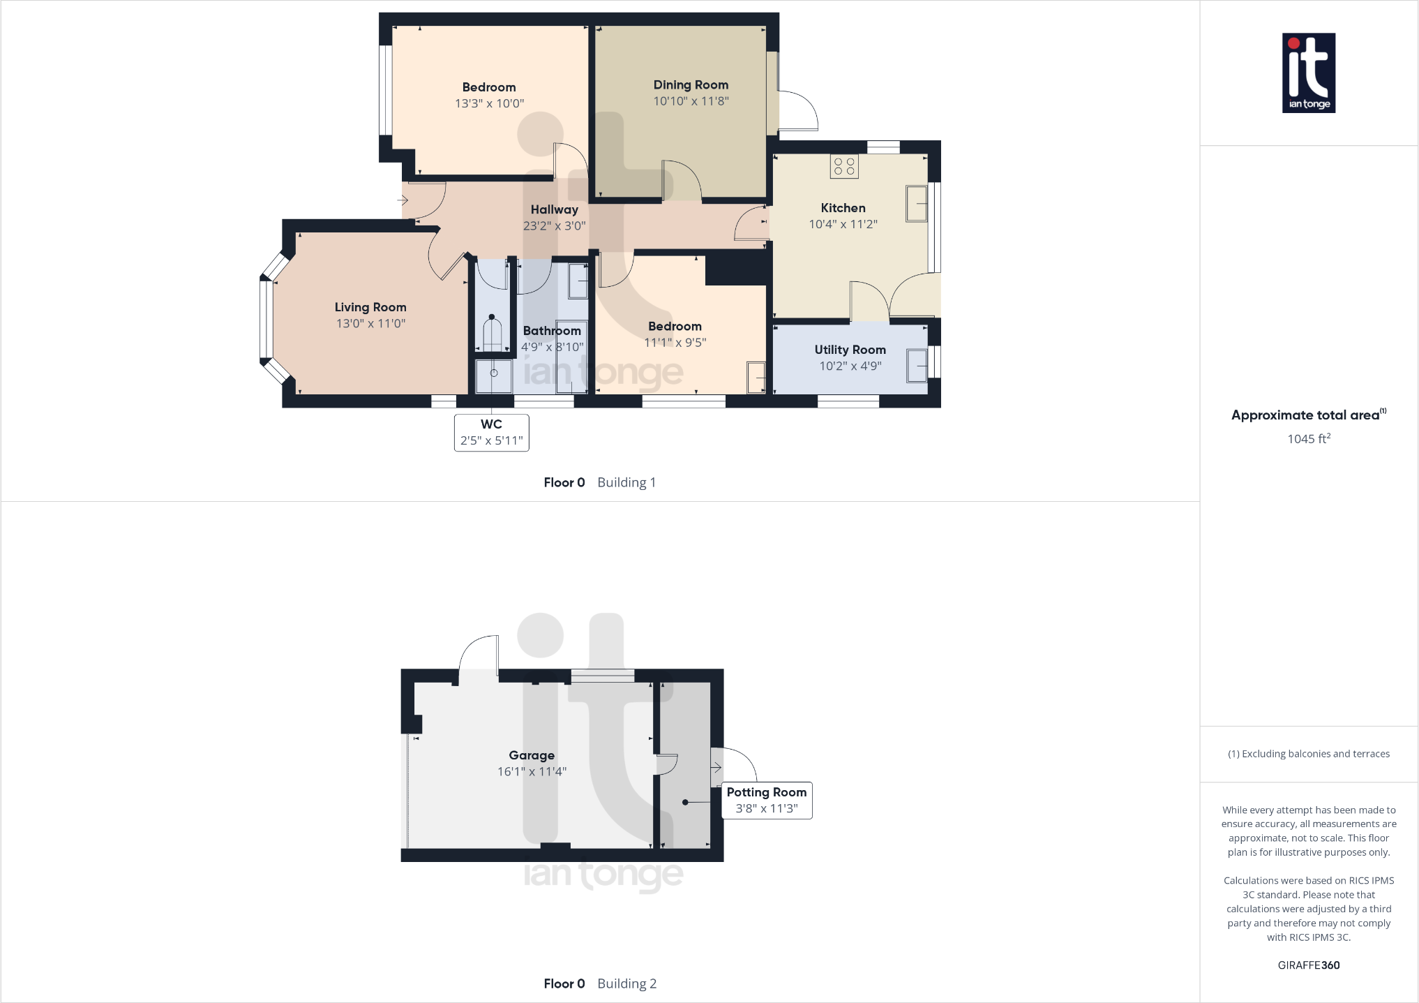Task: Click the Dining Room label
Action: (691, 85)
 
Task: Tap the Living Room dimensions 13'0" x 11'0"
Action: (370, 323)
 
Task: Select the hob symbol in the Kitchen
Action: (844, 166)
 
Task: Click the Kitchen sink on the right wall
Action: (916, 203)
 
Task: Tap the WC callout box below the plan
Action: (491, 433)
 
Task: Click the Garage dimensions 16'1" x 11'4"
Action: (532, 771)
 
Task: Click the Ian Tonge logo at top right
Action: (1308, 73)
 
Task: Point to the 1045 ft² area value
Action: (1308, 438)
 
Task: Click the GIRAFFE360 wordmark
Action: (1308, 965)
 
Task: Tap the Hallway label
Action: (554, 209)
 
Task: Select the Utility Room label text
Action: (850, 350)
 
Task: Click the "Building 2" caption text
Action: (626, 983)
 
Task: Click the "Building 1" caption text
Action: (626, 482)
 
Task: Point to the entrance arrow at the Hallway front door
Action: (403, 201)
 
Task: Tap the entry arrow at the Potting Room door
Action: (716, 768)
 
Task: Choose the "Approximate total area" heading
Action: (1305, 415)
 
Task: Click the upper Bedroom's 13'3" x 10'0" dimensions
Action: (489, 103)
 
